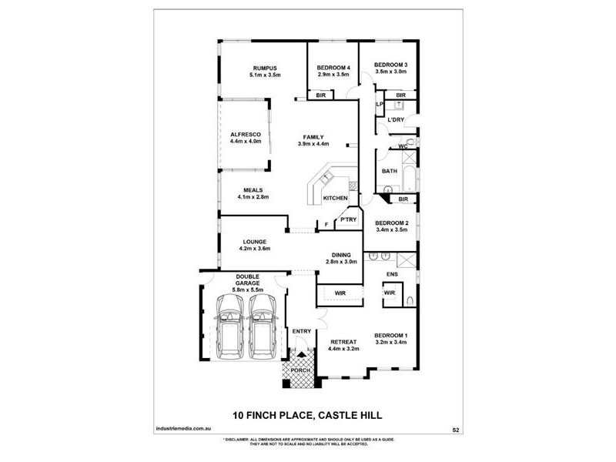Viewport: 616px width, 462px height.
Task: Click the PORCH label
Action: (301, 370)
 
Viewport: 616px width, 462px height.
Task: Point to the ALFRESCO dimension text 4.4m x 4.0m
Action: (246, 142)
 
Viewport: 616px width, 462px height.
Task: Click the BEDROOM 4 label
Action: (333, 68)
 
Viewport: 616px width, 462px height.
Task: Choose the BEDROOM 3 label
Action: (390, 64)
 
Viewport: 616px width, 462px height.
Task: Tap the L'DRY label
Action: (396, 120)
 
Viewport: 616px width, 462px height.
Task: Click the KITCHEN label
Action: (335, 199)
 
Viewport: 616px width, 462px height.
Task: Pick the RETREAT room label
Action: (343, 341)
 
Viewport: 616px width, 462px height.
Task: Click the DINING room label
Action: (341, 255)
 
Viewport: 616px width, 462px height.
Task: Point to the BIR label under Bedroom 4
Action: (320, 95)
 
